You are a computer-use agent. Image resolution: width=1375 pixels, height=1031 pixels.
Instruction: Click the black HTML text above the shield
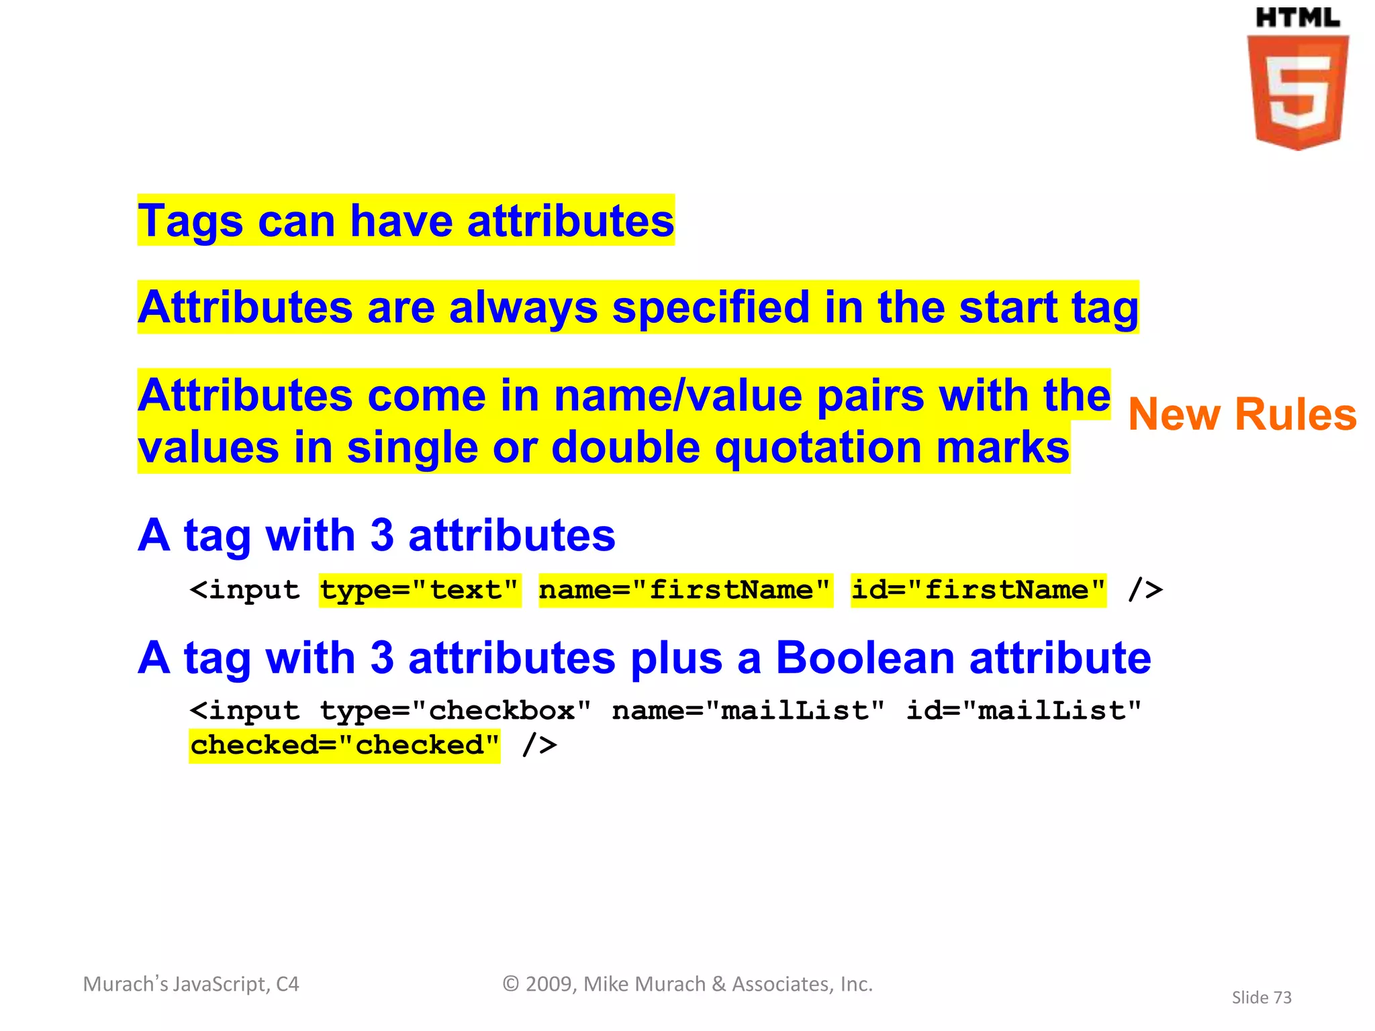click(1297, 18)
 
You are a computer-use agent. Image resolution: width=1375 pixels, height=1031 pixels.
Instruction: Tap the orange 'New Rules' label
click(1242, 414)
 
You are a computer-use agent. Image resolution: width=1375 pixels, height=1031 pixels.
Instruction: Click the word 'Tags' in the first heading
click(190, 222)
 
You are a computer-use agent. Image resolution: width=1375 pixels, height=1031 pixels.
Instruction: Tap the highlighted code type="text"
click(420, 590)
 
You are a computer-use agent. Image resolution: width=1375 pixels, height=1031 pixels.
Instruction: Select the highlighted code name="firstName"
click(685, 590)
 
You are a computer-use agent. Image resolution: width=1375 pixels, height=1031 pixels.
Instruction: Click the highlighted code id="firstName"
click(978, 590)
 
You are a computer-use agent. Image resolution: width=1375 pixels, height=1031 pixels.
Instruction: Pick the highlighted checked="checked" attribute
click(344, 745)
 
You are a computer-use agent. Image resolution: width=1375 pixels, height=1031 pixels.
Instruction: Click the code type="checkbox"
click(455, 710)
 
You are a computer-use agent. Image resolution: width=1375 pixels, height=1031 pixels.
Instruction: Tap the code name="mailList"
click(749, 710)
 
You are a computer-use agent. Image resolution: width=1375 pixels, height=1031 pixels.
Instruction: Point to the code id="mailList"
click(1024, 710)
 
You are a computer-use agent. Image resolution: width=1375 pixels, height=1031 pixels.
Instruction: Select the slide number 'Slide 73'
click(1262, 997)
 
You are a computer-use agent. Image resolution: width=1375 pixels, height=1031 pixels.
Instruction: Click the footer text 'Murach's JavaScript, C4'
click(191, 984)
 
